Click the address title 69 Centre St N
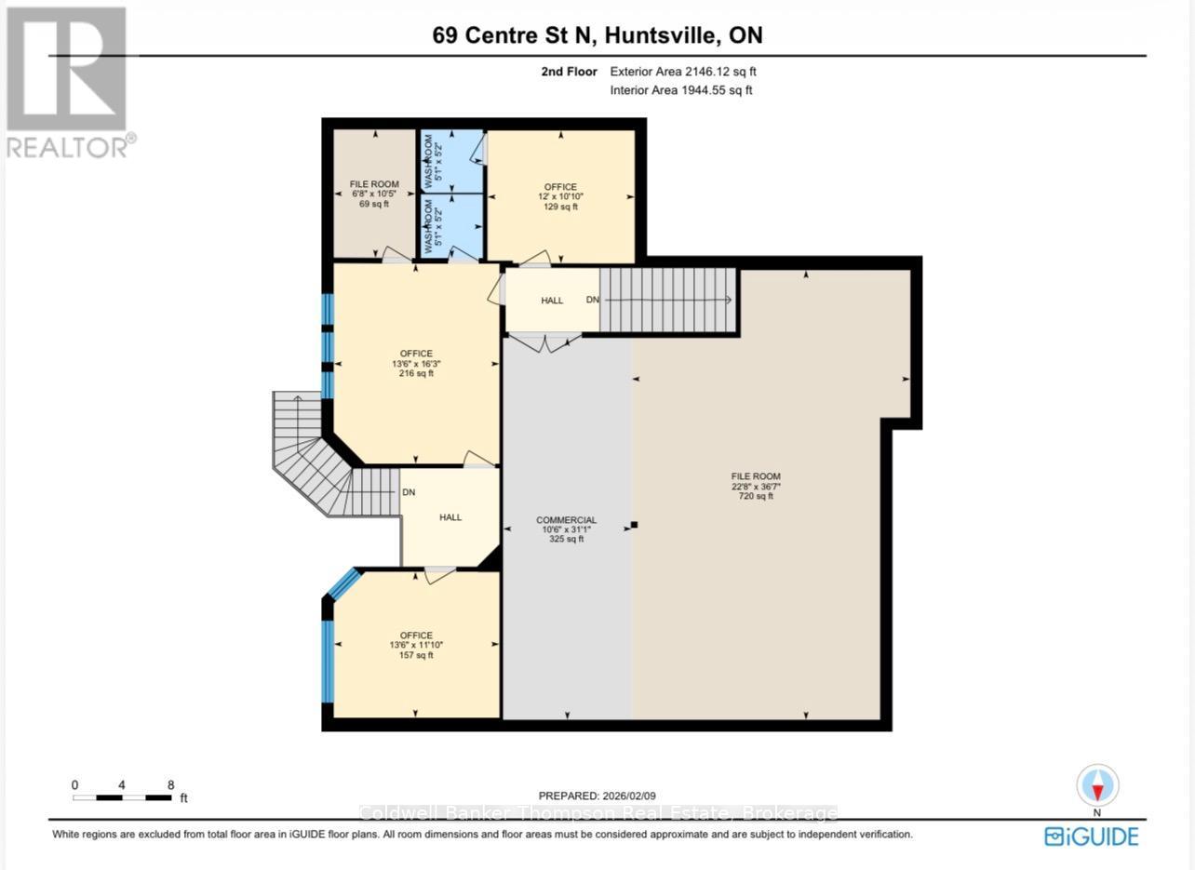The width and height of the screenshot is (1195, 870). [x=597, y=35]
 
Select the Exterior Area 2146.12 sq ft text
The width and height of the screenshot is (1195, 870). [x=690, y=72]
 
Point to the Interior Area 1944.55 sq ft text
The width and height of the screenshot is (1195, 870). [x=680, y=90]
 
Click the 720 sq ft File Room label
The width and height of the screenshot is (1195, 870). [x=756, y=486]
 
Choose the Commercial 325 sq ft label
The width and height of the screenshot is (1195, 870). [x=566, y=529]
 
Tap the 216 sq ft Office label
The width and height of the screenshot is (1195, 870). [x=416, y=363]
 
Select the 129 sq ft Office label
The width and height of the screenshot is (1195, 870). [x=560, y=196]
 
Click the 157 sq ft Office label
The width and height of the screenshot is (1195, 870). [x=416, y=645]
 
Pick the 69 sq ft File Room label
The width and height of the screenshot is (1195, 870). [x=374, y=194]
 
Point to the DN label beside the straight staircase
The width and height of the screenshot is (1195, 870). [x=592, y=301]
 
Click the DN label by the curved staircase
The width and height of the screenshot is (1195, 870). [x=408, y=493]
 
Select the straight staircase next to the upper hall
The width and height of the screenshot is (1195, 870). [x=667, y=301]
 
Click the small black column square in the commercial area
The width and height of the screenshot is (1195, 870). [x=634, y=525]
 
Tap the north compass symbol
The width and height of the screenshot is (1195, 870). [x=1097, y=785]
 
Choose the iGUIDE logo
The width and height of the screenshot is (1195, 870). [x=1091, y=837]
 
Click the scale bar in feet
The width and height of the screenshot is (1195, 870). [x=122, y=797]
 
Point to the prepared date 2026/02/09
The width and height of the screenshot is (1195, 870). [x=597, y=796]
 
